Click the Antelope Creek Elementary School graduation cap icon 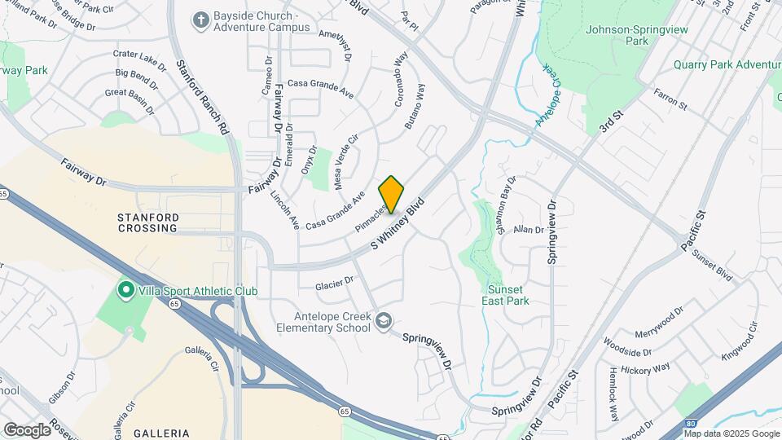[383, 323]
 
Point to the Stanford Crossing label [147, 222]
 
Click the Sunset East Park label [508, 295]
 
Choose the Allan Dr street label [528, 230]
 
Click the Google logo [27, 429]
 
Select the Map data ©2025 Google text [731, 433]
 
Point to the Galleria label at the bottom [162, 433]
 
